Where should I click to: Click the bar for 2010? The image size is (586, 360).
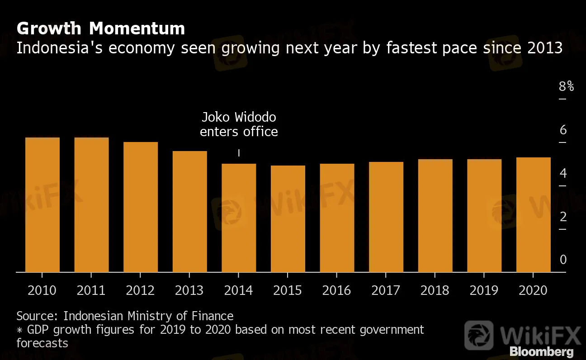[x=43, y=204]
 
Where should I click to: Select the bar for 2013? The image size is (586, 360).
[x=190, y=211]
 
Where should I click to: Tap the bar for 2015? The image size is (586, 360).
[x=288, y=218]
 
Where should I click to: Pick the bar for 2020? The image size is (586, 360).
[x=534, y=214]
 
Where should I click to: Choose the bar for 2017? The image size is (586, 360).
[x=386, y=217]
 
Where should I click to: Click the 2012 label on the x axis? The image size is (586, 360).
[x=140, y=290]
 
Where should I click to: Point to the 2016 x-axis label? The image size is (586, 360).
[x=337, y=290]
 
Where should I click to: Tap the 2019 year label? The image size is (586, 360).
[x=484, y=290]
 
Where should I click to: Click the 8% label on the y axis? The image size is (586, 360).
[x=566, y=86]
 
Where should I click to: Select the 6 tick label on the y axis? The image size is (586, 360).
[x=563, y=130]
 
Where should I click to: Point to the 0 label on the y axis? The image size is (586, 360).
[x=563, y=260]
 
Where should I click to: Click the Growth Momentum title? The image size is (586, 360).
[x=101, y=28]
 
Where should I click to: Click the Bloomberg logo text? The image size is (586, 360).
[x=541, y=351]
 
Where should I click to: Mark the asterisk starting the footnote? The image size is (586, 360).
[x=19, y=330]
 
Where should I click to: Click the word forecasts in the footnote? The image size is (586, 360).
[x=42, y=343]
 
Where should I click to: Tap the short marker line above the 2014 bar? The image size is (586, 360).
[x=239, y=153]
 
